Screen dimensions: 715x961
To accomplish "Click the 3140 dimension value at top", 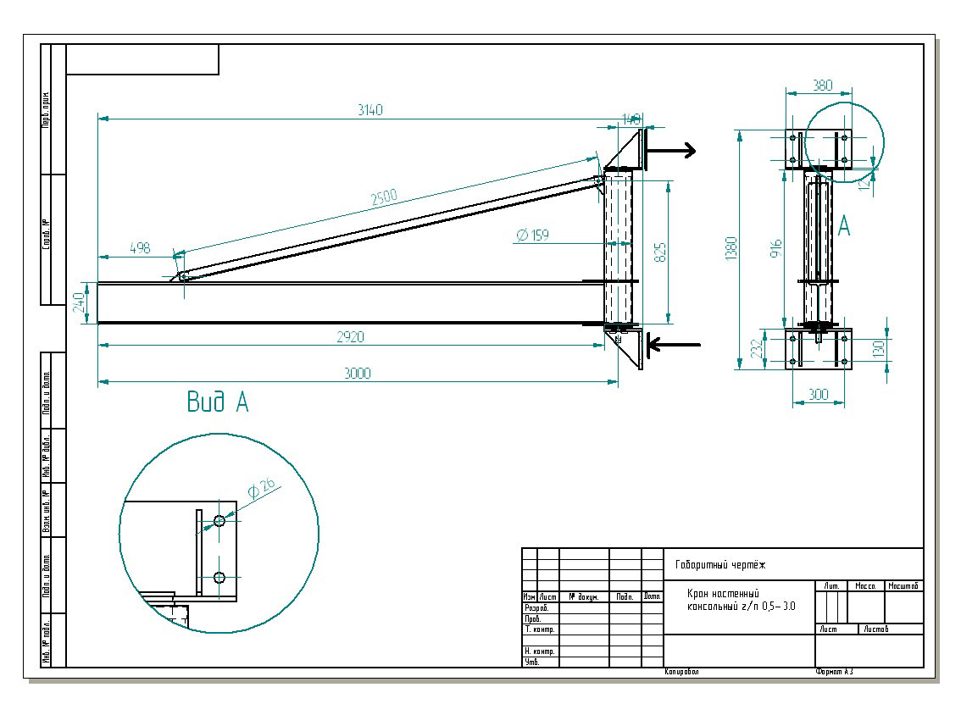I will click(370, 110).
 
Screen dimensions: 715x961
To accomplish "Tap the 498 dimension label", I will click(140, 247).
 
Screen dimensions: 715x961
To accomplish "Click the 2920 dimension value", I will click(349, 336).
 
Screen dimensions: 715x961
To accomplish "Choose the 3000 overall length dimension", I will click(358, 374).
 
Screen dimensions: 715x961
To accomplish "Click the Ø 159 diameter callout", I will click(532, 235).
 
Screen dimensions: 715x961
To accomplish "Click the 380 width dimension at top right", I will click(822, 86).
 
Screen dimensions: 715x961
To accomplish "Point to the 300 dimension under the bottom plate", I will click(819, 395).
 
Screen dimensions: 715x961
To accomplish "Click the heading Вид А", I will click(218, 403).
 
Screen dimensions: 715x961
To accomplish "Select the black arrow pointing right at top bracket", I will click(669, 150).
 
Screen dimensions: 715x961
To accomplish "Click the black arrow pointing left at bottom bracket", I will click(674, 344).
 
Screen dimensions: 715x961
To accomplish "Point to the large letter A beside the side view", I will click(844, 226).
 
